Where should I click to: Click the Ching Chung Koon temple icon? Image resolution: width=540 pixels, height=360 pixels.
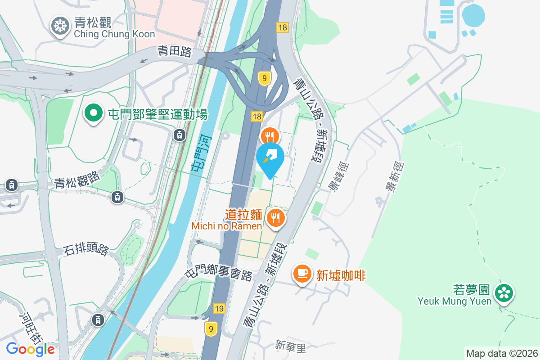59,26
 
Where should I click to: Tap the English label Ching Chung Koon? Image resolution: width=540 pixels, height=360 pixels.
114,34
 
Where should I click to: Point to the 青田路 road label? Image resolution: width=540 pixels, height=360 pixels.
174,52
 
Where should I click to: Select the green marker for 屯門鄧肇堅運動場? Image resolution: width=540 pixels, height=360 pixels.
94,113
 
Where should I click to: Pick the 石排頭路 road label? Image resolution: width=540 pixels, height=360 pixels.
86,249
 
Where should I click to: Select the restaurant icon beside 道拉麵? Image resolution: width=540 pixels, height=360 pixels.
274,218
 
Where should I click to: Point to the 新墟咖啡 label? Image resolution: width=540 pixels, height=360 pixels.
341,274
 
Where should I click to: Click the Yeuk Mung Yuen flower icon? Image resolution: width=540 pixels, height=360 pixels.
504,293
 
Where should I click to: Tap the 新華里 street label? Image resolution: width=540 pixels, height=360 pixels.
290,346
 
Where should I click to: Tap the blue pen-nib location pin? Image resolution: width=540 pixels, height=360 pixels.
270,158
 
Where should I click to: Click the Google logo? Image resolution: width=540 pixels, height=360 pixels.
31,349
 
